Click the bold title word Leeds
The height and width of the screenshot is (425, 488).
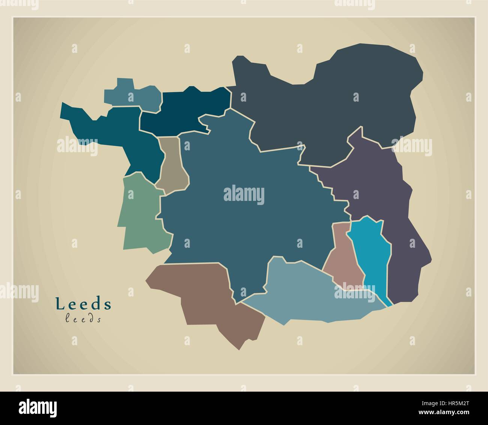[83, 304]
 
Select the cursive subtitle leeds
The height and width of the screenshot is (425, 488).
[83, 319]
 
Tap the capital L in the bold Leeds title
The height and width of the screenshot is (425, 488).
[59, 304]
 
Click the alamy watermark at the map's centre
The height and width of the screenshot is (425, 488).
[244, 195]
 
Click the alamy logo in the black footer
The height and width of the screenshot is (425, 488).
[38, 408]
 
